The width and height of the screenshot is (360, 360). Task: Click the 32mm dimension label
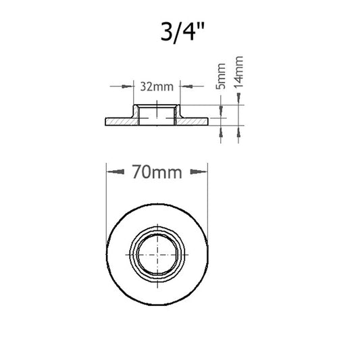(157, 87)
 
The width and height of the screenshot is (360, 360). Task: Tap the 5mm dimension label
(221, 76)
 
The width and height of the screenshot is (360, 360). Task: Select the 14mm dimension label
(238, 72)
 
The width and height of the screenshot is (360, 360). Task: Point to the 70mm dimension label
(157, 172)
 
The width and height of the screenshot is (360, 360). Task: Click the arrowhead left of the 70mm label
(116, 172)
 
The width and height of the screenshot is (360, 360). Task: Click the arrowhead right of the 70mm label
(199, 172)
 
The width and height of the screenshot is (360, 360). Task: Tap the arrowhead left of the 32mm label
(127, 86)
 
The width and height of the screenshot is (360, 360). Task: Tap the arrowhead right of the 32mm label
(186, 86)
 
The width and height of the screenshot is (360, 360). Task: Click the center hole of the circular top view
(157, 255)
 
